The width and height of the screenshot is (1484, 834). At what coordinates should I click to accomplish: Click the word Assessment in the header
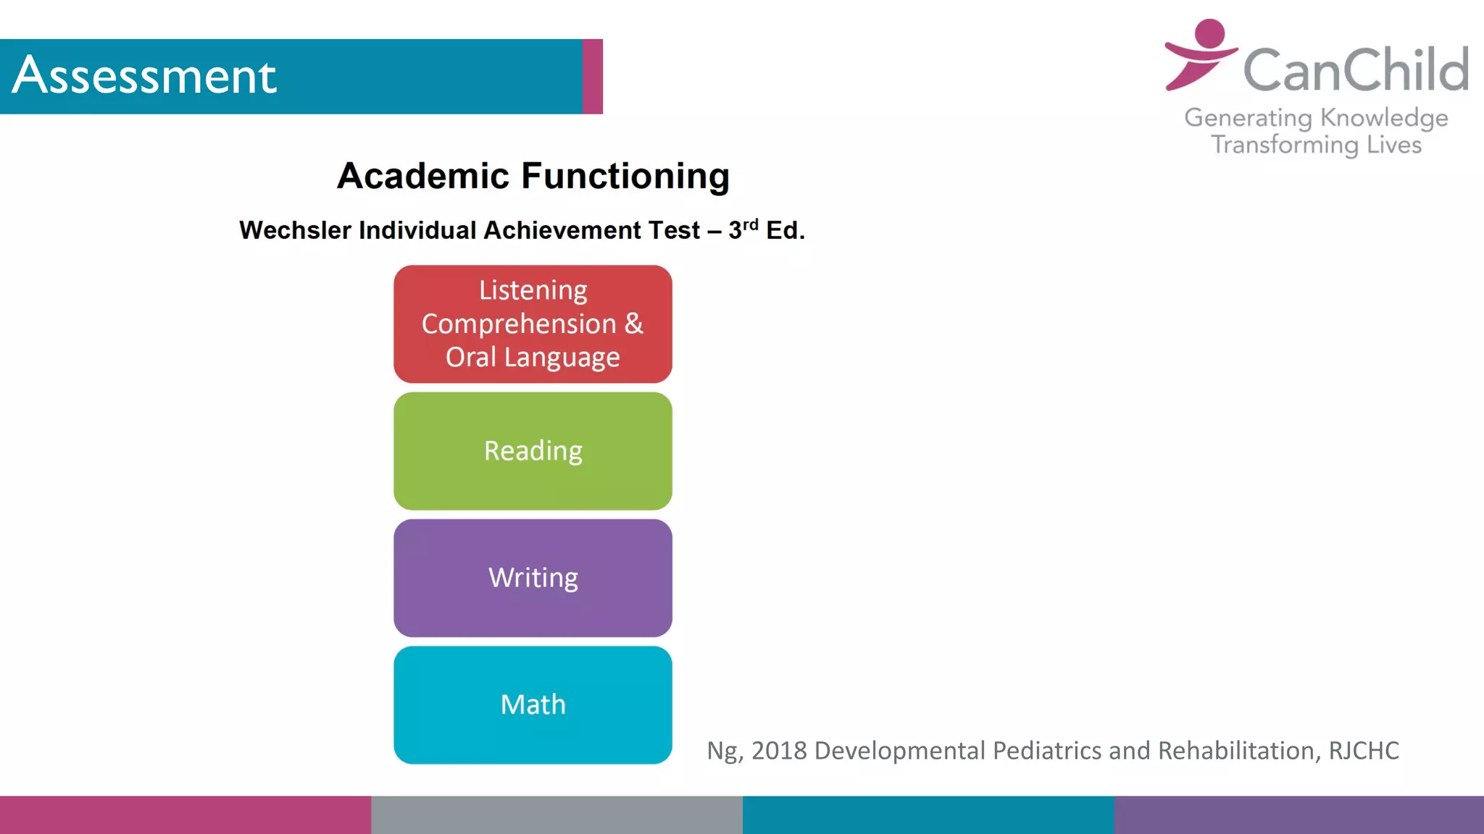144,75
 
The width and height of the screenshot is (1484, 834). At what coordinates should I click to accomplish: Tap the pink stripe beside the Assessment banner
592,76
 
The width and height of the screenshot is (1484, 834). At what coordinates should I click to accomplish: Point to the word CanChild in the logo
1355,70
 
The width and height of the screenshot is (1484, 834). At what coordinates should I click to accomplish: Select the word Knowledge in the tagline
1384,118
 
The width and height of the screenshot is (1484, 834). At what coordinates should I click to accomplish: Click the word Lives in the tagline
1393,145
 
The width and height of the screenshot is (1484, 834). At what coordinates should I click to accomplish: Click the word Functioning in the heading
625,176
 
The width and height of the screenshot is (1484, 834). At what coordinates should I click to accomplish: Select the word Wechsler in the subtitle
295,230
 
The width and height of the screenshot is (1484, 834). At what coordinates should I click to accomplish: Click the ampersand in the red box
633,323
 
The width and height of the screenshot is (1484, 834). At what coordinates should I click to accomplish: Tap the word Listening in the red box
533,290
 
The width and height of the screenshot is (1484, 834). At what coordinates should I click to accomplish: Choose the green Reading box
533,451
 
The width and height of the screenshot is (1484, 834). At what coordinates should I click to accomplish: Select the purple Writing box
533,578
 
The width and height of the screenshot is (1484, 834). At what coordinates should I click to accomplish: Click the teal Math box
533,704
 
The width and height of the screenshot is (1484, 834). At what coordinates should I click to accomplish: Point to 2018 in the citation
779,751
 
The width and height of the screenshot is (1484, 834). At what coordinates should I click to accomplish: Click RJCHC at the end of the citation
1363,751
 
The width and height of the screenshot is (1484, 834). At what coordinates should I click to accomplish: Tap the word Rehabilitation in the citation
1235,751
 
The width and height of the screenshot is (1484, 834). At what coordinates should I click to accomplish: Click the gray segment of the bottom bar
556,815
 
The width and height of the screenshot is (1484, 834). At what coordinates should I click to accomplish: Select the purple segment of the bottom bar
1298,815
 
